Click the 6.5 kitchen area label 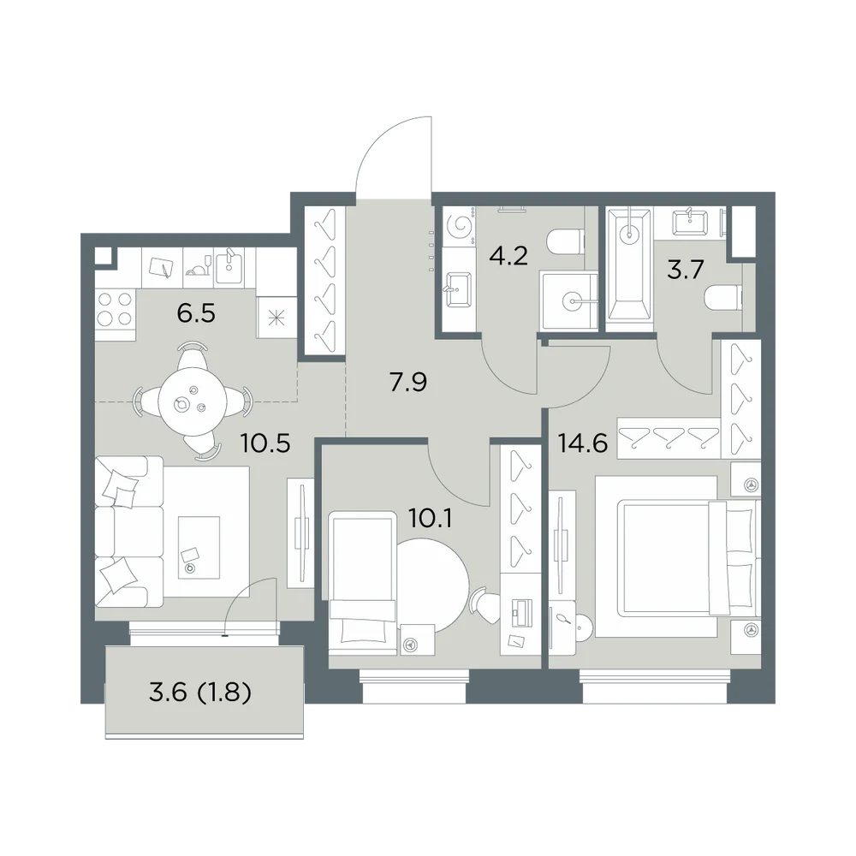click(196, 314)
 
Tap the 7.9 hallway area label click(407, 383)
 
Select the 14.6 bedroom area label click(583, 443)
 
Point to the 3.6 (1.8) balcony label click(199, 693)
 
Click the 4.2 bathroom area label click(508, 255)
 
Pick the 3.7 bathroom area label click(687, 270)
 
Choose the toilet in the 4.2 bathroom click(565, 242)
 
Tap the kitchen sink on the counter click(229, 266)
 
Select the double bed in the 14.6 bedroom click(677, 556)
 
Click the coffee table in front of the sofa click(199, 547)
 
